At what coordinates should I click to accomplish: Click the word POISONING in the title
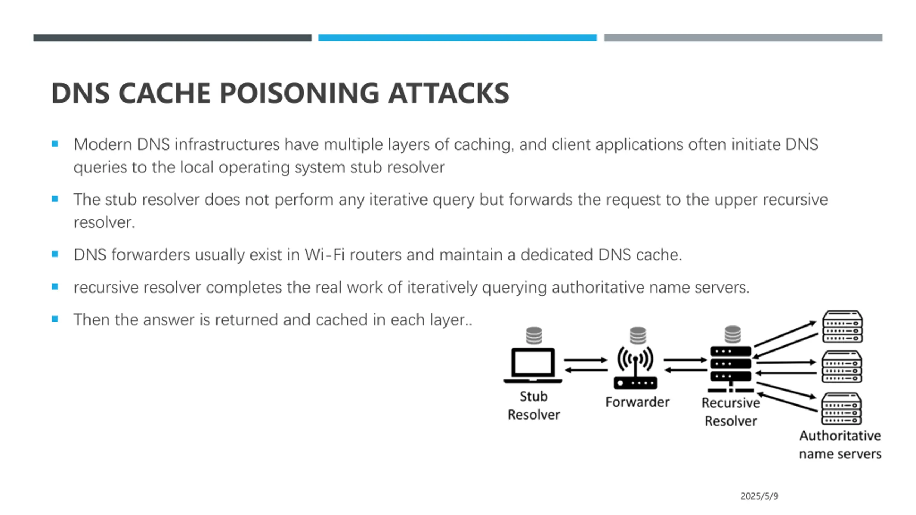pos(299,93)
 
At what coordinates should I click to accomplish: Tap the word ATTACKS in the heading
pos(449,93)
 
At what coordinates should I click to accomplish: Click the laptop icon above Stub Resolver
pos(533,366)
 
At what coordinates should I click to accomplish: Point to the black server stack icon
pos(731,369)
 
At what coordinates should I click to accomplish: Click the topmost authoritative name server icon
pos(842,327)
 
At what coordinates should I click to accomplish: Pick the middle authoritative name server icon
pos(842,367)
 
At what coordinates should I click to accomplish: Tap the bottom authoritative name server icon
pos(841,408)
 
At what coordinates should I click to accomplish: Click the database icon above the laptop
pos(534,335)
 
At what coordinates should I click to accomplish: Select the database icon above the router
pos(638,335)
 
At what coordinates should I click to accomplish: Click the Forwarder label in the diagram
pos(637,402)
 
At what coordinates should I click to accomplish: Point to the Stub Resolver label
pos(533,406)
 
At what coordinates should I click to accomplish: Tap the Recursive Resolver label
pos(731,412)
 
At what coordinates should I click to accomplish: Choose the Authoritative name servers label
pos(840,445)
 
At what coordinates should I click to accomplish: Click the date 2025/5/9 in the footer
pos(759,496)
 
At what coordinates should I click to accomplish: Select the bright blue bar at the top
pos(458,38)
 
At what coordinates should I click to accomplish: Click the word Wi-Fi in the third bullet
pos(325,255)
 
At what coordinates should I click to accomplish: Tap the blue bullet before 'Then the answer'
pos(55,319)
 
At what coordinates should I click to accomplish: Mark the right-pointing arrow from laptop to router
pos(586,360)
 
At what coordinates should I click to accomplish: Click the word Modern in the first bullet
pos(103,145)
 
